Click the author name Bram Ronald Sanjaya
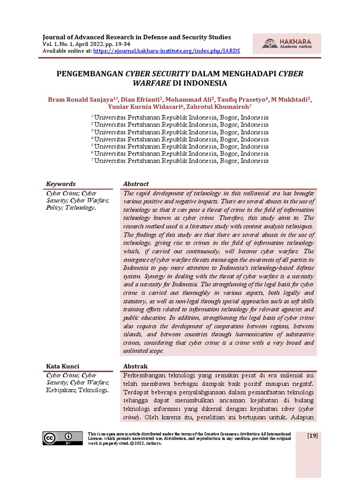[x=81, y=100]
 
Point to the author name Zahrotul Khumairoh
[x=213, y=108]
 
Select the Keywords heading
[x=60, y=184]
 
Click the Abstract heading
[x=135, y=184]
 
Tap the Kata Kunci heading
[x=62, y=366]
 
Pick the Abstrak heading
[x=135, y=366]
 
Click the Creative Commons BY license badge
[x=58, y=438]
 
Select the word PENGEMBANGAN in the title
[x=90, y=74]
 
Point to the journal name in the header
[x=137, y=37]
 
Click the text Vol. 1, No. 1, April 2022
[x=77, y=44]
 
